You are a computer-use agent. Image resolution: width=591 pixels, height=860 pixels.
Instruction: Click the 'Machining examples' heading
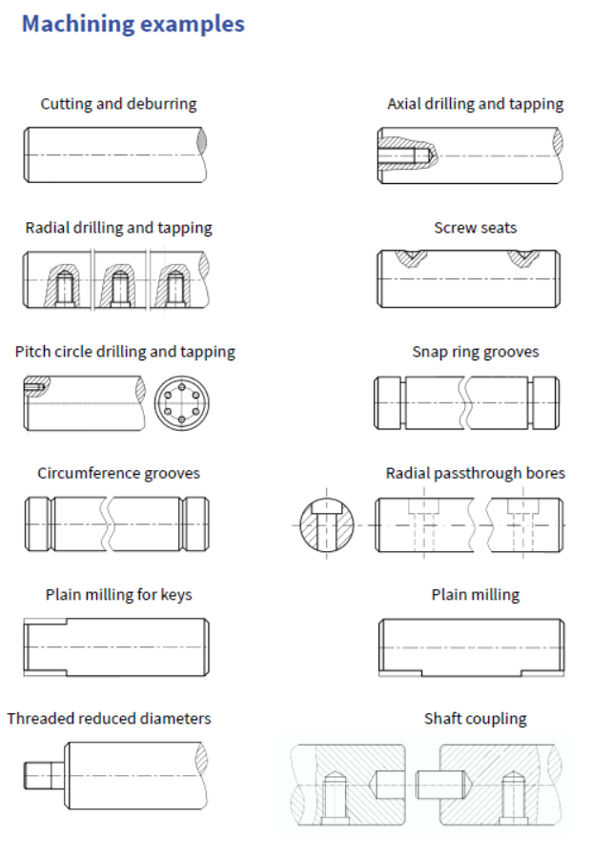click(x=132, y=24)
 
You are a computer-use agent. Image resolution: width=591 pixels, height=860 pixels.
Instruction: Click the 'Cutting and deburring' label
click(x=118, y=104)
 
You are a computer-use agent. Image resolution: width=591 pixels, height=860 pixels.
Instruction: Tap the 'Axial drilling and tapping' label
click(x=475, y=104)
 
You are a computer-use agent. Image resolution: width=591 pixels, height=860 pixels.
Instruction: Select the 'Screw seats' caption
click(x=475, y=228)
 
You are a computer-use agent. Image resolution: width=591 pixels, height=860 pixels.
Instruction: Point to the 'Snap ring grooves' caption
click(x=475, y=352)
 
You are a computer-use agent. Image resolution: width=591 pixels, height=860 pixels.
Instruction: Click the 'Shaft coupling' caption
click(x=475, y=719)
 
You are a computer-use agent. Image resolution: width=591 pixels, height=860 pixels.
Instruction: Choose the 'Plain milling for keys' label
click(x=118, y=595)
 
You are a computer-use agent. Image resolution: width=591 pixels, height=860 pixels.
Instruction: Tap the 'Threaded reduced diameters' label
click(x=109, y=719)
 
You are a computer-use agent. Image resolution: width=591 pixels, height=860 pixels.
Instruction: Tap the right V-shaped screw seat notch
click(x=521, y=256)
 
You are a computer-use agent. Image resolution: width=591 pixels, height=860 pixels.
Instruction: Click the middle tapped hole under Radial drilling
click(x=119, y=285)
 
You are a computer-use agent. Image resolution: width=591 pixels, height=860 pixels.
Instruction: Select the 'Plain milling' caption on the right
click(x=475, y=595)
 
